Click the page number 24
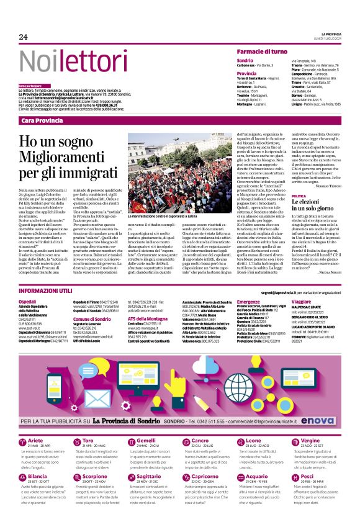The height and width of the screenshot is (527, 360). click(x=23, y=37)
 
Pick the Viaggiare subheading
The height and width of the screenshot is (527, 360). click(x=302, y=301)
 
